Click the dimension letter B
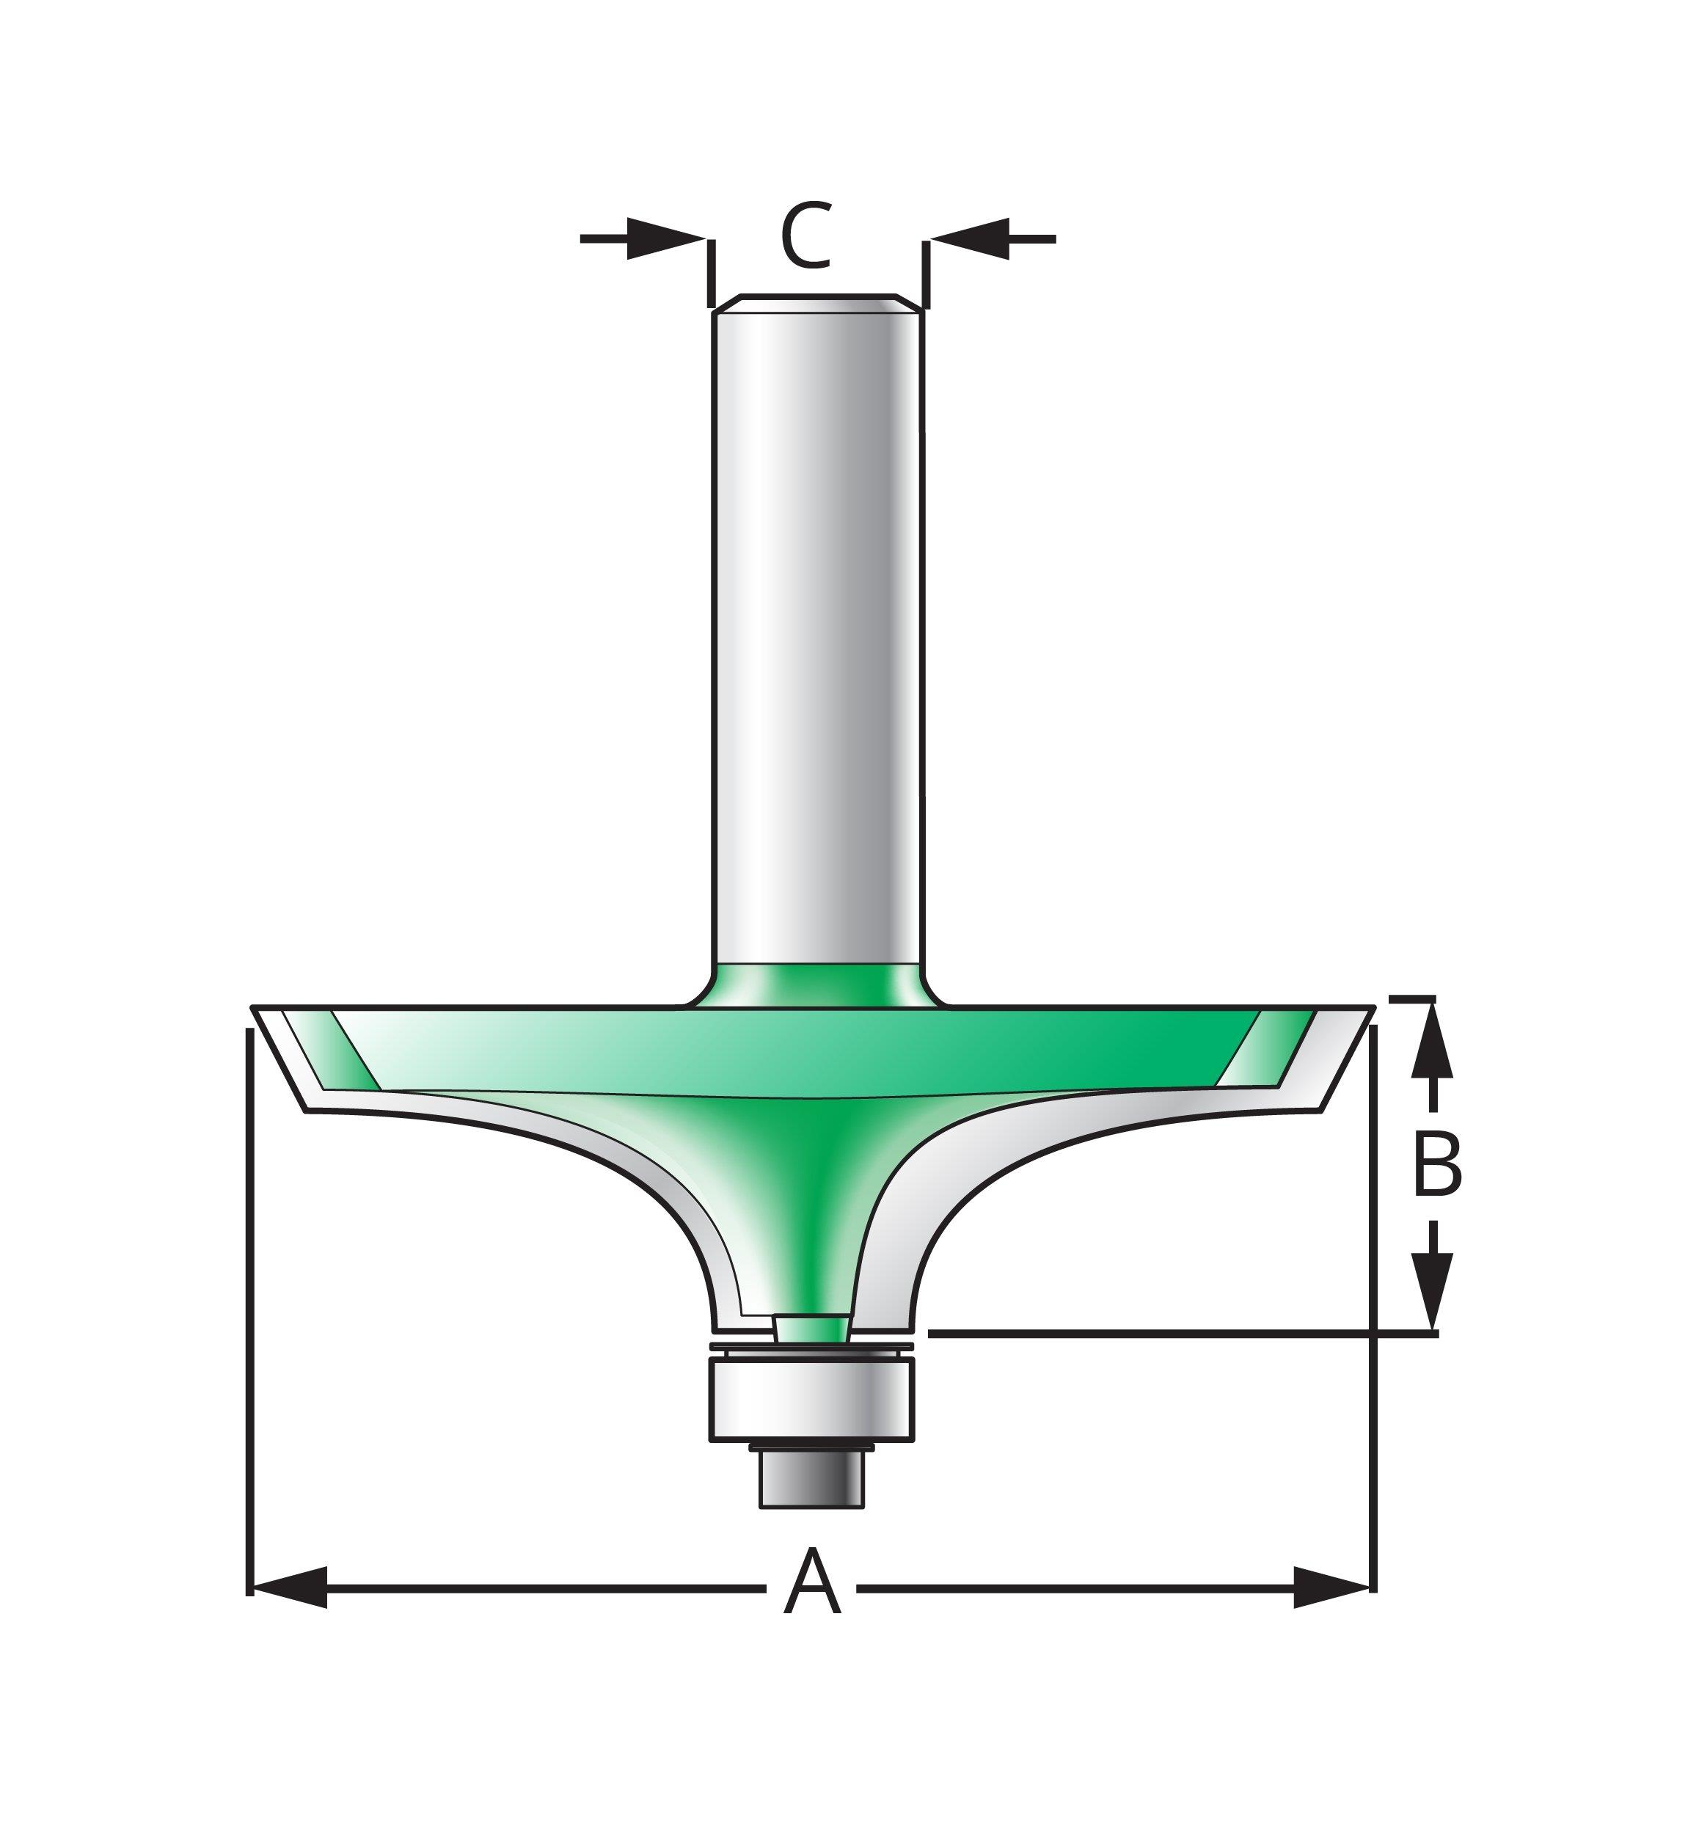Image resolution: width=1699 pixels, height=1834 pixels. coord(1437,1165)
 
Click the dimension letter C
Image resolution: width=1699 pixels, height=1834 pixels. coord(806,236)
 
